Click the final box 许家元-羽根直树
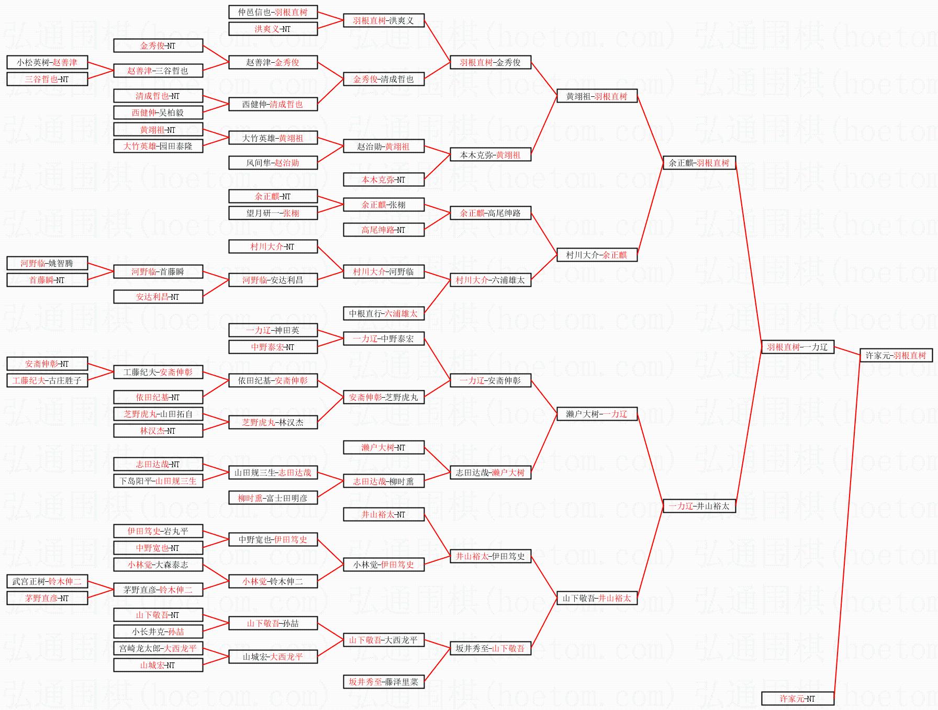point(896,355)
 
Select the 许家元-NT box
point(797,698)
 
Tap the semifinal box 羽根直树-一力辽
point(797,347)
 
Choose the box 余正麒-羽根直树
point(699,163)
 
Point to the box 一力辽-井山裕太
point(699,506)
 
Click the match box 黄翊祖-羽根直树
point(597,96)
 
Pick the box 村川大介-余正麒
point(597,255)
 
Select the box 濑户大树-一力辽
point(597,414)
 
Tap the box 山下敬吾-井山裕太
point(597,598)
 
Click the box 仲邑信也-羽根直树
point(273,12)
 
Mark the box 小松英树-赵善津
point(47,62)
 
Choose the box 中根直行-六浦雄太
point(383,313)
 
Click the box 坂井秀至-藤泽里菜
point(383,682)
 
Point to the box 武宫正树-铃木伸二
point(47,581)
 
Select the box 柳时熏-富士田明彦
point(273,498)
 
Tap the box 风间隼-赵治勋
point(273,163)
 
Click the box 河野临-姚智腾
point(47,263)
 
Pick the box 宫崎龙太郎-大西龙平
point(158,648)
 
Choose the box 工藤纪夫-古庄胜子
point(47,380)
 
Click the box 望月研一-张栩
point(273,213)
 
